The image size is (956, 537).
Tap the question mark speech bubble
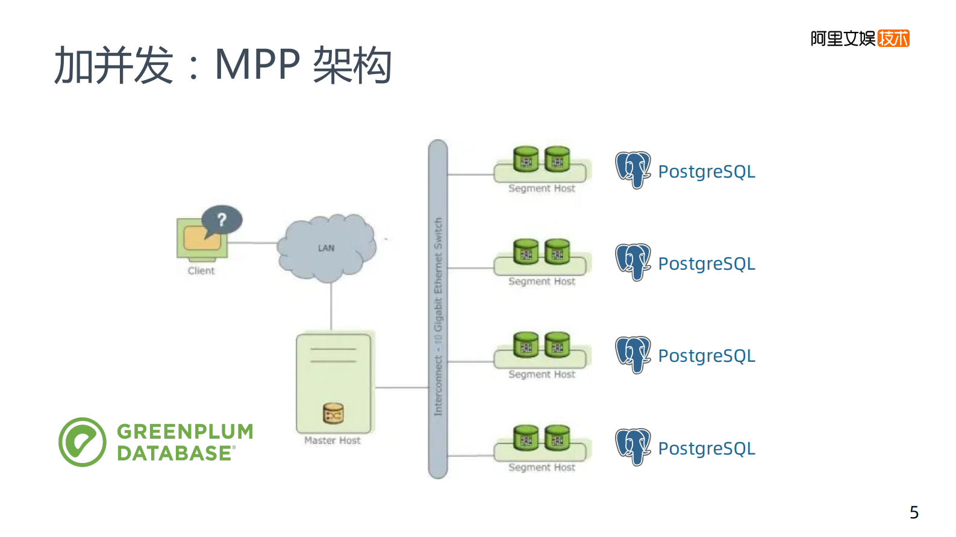222,220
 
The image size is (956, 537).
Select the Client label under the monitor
201,271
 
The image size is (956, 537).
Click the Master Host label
332,441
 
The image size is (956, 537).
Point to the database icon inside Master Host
333,414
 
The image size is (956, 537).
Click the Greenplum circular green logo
83,442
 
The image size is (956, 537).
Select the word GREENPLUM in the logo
185,432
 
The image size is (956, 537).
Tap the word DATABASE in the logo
174,453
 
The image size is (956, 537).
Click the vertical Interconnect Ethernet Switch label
438,316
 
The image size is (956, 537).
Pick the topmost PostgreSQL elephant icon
633,170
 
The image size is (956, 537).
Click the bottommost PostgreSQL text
706,449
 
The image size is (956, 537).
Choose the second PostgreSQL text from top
706,264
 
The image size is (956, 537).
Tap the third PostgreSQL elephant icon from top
633,355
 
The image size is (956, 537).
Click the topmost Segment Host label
542,188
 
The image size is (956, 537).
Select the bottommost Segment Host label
542,468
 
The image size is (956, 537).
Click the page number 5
914,512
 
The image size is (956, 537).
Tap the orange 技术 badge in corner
893,39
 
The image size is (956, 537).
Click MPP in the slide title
257,65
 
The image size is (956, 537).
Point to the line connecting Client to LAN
253,243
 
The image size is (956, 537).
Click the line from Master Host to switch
401,388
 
